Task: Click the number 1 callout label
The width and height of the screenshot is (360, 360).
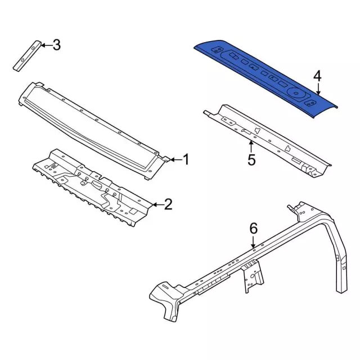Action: point(186,160)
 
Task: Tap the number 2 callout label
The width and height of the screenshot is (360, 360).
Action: point(168,204)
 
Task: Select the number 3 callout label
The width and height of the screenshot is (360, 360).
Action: point(56,45)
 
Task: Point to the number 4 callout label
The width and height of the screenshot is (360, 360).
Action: point(317,76)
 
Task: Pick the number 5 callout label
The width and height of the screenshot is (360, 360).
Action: point(251,160)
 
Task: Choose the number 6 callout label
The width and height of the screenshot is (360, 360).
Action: point(253,228)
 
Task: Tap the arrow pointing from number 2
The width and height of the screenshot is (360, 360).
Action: point(156,204)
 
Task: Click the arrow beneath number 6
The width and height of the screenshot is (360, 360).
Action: point(253,242)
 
